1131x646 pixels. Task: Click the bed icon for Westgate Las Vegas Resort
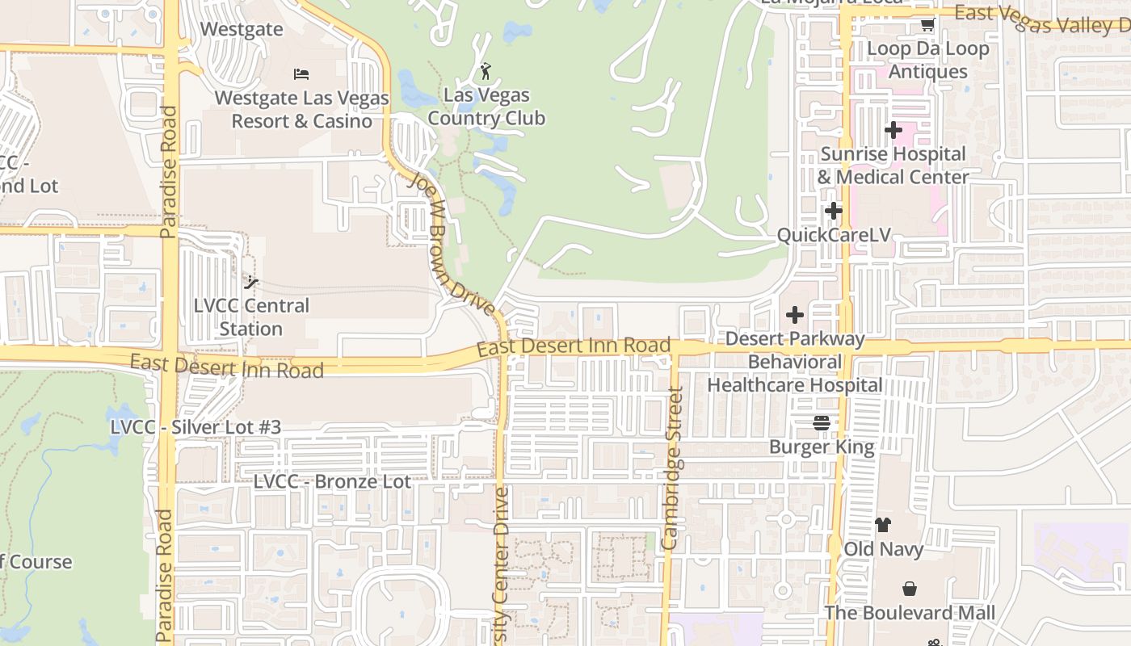tap(301, 74)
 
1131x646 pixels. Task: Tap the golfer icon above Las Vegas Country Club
tap(485, 71)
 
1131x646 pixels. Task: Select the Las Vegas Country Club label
tap(486, 107)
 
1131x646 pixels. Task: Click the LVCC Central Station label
tap(251, 317)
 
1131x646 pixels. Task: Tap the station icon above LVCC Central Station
tap(251, 283)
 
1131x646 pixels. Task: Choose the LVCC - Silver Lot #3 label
tap(196, 426)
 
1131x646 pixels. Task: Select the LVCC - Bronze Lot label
tap(332, 481)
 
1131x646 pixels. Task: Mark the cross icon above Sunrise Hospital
tap(893, 130)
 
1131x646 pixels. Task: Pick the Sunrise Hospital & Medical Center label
tap(893, 166)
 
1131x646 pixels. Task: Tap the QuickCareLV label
tap(834, 235)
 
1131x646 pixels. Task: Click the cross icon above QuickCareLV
tap(833, 212)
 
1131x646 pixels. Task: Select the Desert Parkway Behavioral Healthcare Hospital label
tap(795, 362)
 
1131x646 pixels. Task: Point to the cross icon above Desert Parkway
tap(795, 315)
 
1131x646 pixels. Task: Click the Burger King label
tap(822, 447)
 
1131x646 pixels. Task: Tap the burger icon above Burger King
tap(822, 422)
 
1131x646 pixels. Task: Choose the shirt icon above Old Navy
tap(882, 525)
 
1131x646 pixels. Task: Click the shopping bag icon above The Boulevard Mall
tap(910, 589)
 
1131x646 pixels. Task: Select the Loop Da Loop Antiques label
tap(927, 60)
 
